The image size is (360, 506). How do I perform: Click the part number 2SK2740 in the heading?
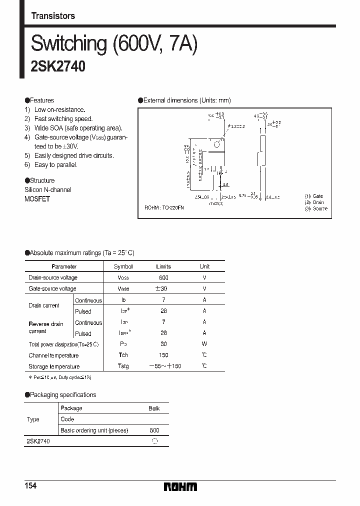pyautogui.click(x=58, y=67)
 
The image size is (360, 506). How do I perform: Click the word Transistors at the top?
pyautogui.click(x=53, y=16)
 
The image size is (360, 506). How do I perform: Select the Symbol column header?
pyautogui.click(x=123, y=266)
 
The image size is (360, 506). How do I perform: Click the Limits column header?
pyautogui.click(x=163, y=266)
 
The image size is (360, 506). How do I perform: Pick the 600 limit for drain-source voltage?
pyautogui.click(x=163, y=277)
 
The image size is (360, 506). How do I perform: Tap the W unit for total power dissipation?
pyautogui.click(x=204, y=344)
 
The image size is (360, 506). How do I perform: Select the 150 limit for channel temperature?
pyautogui.click(x=163, y=355)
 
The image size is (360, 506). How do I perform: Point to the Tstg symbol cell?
pyautogui.click(x=123, y=366)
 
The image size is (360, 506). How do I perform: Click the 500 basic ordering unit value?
pyautogui.click(x=154, y=430)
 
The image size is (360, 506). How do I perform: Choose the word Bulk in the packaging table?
pyautogui.click(x=154, y=408)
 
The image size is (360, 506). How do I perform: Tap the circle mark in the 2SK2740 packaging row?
pyautogui.click(x=154, y=441)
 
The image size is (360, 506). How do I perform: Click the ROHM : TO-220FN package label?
pyautogui.click(x=164, y=207)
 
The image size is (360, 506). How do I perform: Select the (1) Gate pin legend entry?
pyautogui.click(x=314, y=196)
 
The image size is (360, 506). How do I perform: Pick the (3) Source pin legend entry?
pyautogui.click(x=316, y=208)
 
